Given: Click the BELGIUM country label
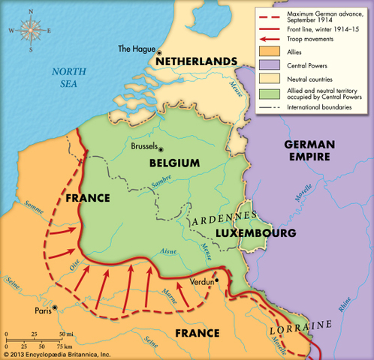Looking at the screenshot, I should (x=174, y=162).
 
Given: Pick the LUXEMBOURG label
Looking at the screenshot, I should (x=255, y=233).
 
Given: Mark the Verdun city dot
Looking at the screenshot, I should (x=217, y=280).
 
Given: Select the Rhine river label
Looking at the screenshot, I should (x=345, y=306).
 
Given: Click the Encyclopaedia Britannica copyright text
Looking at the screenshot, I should (x=56, y=353).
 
